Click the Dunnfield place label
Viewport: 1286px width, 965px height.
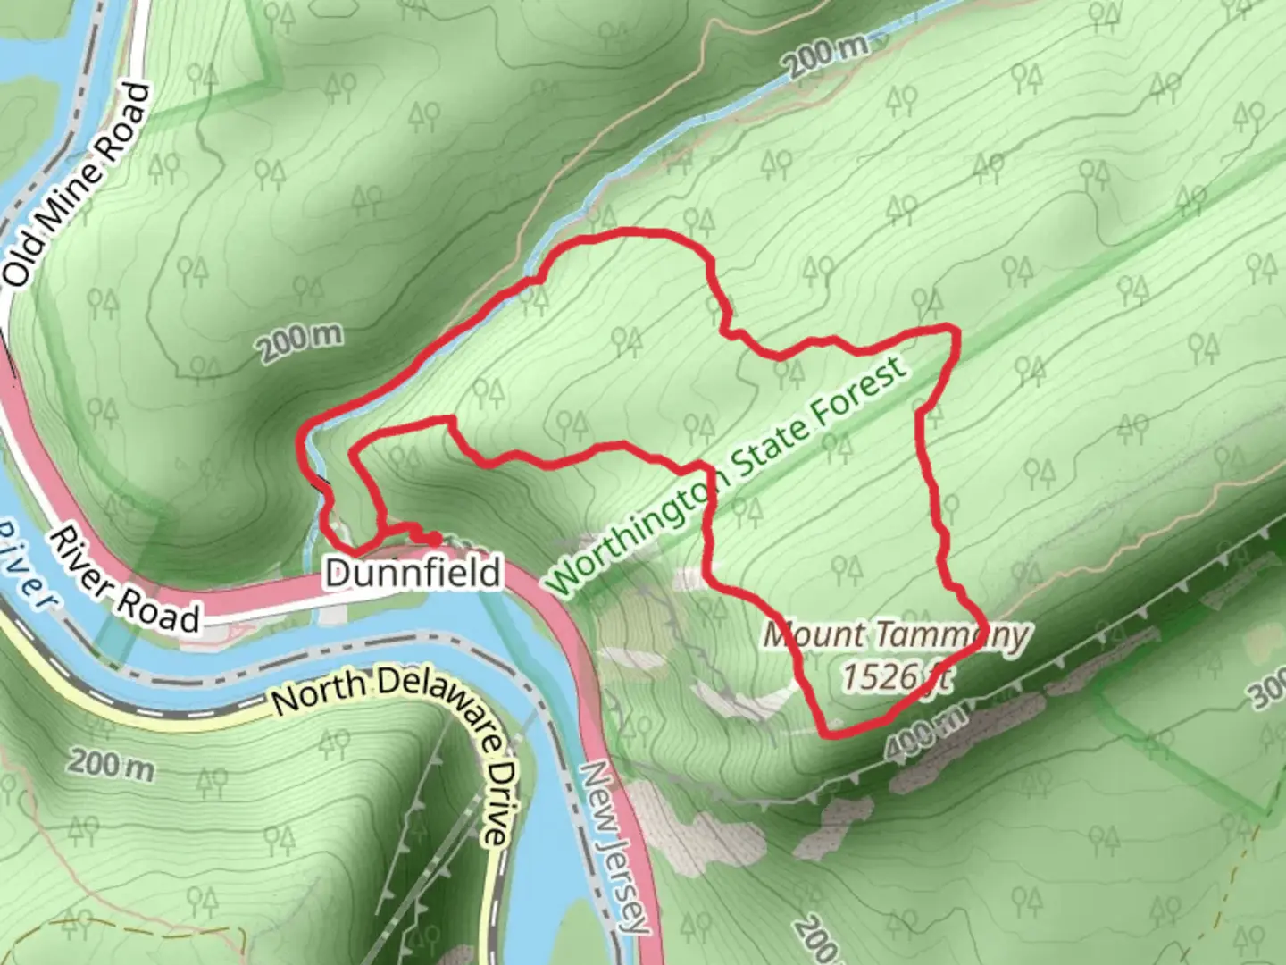tap(413, 573)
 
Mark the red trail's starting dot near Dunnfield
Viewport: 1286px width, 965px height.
tap(431, 539)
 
